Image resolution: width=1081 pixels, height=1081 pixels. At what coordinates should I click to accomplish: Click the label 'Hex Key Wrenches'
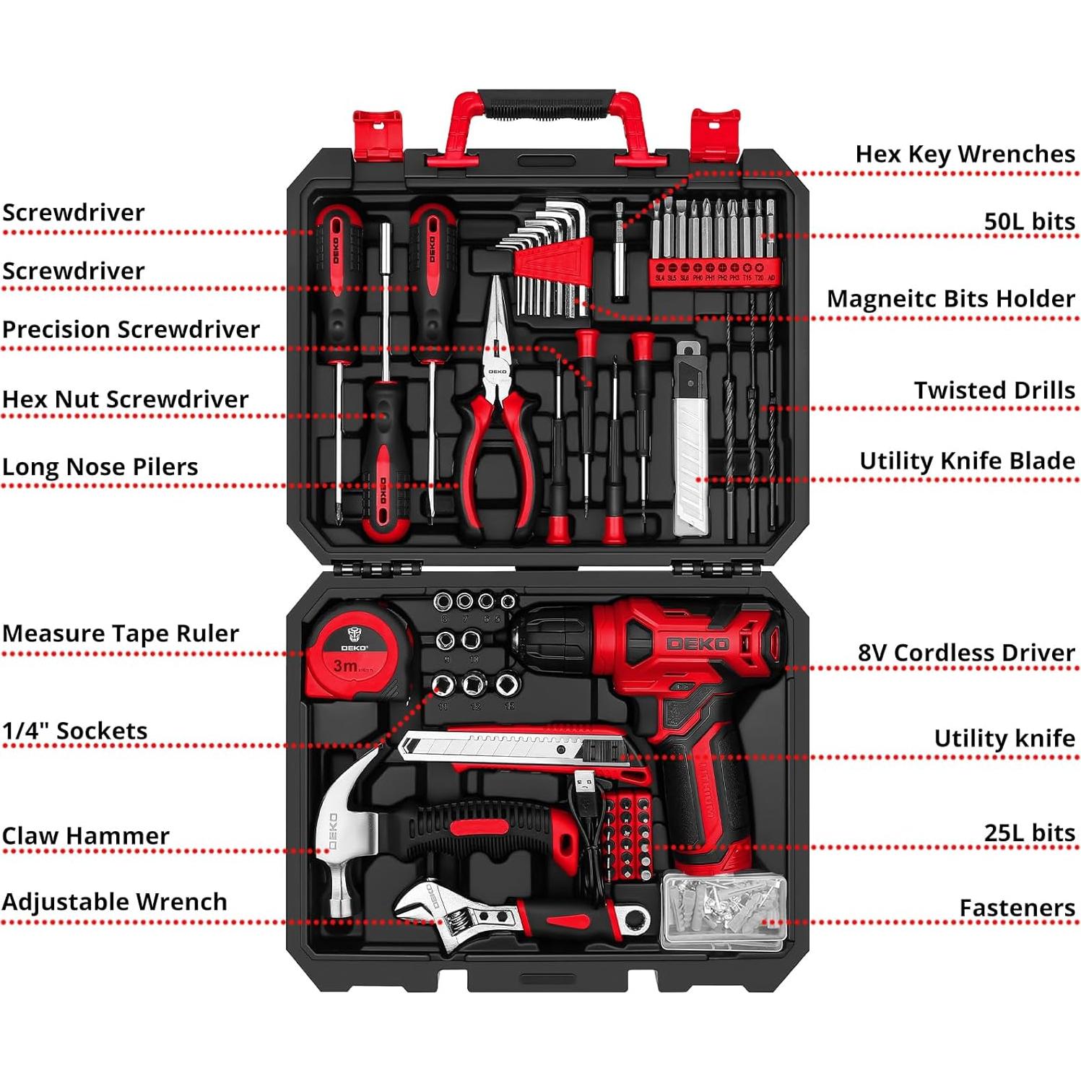pos(965,155)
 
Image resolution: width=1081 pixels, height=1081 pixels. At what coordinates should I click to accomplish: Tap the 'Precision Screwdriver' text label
pos(131,330)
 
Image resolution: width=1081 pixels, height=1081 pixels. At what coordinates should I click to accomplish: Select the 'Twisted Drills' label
pos(994,391)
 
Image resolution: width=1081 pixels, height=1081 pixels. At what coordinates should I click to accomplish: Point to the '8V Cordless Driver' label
pos(966,654)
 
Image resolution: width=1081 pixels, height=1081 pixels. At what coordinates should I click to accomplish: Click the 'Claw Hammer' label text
pos(85,836)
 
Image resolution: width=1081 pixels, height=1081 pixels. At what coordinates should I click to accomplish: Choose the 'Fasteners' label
pos(1017,908)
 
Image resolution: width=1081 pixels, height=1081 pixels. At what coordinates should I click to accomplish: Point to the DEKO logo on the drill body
pos(697,643)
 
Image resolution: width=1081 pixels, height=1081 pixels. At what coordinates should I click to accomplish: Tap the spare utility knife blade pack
pos(691,440)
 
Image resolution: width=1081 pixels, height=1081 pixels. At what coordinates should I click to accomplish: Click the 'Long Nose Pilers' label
pos(100,467)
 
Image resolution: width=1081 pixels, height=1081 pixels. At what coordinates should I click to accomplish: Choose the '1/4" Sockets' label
pos(74,731)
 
